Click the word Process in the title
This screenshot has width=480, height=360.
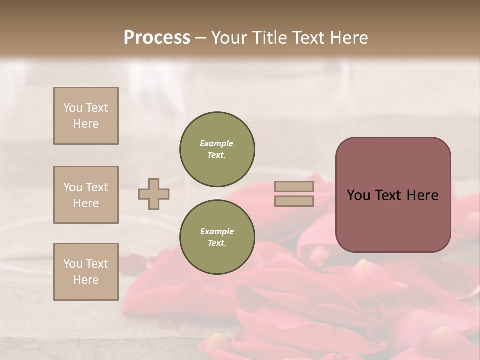157,37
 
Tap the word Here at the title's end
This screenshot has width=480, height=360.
348,37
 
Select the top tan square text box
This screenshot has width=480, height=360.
86,116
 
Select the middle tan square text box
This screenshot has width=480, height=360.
86,195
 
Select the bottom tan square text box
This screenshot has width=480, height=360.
86,272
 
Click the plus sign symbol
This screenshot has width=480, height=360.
154,194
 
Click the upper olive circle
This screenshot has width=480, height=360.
217,149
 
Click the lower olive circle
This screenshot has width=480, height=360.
217,237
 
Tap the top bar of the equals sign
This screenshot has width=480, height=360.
294,187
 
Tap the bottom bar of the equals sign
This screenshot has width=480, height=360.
294,201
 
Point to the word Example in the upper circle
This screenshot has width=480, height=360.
217,143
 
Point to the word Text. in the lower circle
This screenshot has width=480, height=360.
217,243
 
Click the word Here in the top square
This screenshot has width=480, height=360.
86,124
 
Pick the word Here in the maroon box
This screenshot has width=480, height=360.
423,195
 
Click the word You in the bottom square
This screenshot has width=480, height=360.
73,264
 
